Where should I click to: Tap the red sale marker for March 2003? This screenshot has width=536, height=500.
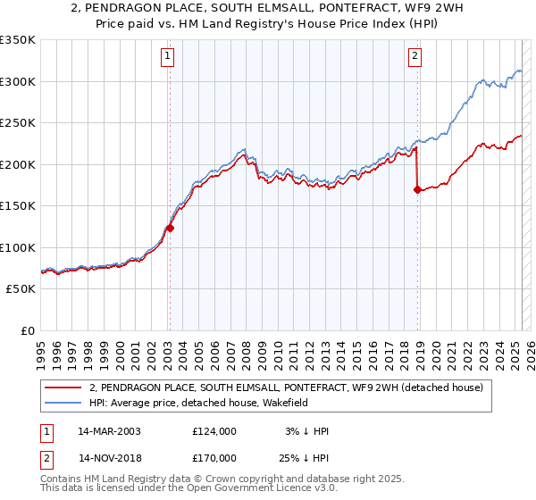click(170, 228)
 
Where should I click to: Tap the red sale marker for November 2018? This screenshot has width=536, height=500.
click(417, 189)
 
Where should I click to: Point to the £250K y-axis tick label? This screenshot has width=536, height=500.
click(18, 123)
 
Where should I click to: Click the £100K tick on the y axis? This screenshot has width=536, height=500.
click(18, 247)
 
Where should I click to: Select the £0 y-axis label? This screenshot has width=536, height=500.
click(27, 330)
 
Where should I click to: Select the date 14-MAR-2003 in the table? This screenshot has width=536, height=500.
click(109, 431)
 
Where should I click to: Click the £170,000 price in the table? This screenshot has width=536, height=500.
click(214, 457)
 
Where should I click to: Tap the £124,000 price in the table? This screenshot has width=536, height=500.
click(214, 431)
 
